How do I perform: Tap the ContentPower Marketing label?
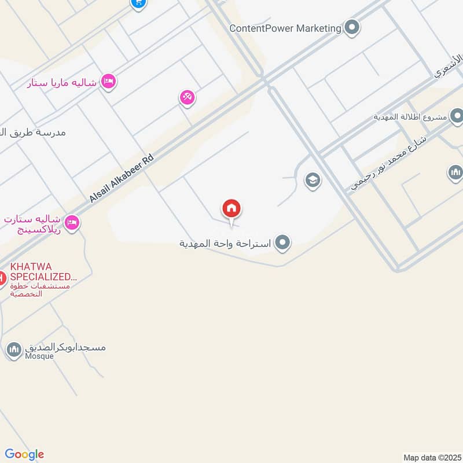coord(285,28)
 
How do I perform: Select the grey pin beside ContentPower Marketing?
coord(351,27)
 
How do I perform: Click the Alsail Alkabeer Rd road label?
coord(122,178)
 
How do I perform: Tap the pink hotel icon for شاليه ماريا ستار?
coord(108,82)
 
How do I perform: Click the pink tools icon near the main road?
coord(187,97)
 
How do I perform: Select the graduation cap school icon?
coord(313,181)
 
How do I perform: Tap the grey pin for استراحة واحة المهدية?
coord(282,243)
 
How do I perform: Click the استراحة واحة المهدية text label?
coord(226,244)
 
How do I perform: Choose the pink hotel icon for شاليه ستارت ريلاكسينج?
coord(72,222)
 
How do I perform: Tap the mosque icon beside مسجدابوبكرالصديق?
coord(14,349)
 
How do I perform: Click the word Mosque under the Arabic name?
coord(39,357)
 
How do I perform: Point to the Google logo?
coord(24,454)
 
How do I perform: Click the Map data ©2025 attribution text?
coord(431,457)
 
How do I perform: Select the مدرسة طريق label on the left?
coord(35,133)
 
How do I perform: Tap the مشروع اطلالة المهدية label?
coord(410,116)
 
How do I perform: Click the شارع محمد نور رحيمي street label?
coord(389,164)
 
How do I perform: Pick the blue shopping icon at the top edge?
coord(138,3)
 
